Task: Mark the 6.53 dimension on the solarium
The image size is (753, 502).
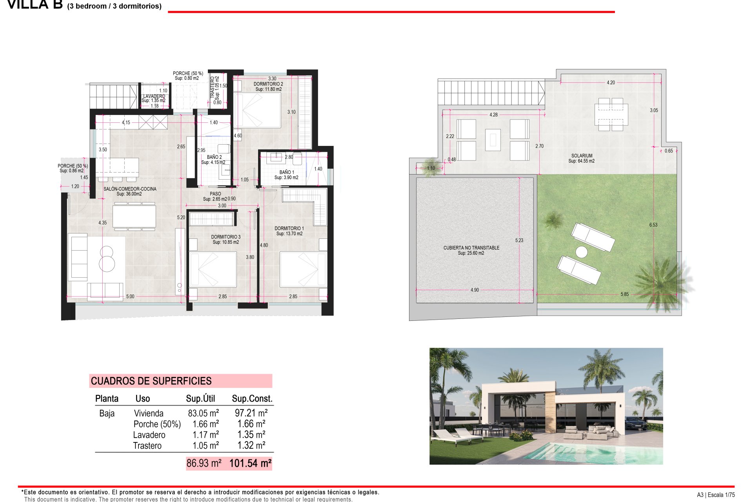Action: click(x=653, y=225)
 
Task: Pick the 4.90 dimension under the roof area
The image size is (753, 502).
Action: click(x=475, y=290)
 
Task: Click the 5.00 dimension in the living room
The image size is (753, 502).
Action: click(x=130, y=296)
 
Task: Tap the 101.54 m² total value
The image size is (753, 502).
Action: click(x=250, y=464)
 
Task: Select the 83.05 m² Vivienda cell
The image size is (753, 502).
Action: click(x=203, y=413)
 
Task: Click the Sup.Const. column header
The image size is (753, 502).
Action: click(x=252, y=398)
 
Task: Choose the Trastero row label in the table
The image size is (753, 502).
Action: click(x=147, y=446)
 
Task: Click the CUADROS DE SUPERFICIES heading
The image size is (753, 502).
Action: click(x=151, y=381)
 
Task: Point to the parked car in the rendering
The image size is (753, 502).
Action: click(x=635, y=424)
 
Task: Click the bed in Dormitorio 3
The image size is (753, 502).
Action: click(x=213, y=269)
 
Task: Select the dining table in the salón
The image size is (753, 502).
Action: click(x=134, y=216)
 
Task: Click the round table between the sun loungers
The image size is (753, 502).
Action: click(x=581, y=252)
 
